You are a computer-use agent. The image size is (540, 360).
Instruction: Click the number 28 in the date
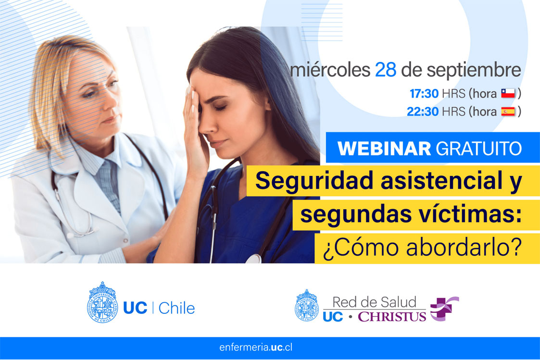click(385, 70)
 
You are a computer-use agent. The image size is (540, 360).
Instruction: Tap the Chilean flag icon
click(508, 93)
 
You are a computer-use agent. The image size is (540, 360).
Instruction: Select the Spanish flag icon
click(508, 112)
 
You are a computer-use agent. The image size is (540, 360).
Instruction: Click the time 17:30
click(424, 94)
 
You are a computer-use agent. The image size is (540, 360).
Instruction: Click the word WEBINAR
click(384, 149)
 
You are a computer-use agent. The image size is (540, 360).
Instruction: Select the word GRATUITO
click(479, 149)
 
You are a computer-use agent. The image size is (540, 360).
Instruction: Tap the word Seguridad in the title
click(314, 181)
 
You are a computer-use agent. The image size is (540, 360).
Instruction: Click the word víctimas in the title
click(470, 214)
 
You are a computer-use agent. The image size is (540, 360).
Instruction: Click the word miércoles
click(330, 70)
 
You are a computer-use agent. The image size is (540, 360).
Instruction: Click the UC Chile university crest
click(102, 302)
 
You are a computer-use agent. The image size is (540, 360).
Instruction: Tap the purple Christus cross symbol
click(444, 309)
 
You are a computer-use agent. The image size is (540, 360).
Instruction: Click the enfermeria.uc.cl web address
click(256, 348)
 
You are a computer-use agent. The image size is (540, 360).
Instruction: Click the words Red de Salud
click(375, 302)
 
